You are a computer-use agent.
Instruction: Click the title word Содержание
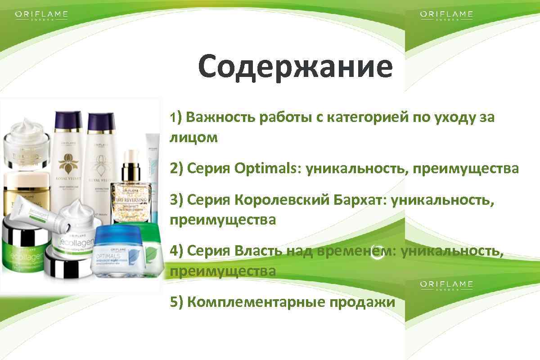pos(295,67)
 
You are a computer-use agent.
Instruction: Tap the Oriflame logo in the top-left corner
pos(41,15)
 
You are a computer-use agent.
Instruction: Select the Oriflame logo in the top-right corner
pos(446,15)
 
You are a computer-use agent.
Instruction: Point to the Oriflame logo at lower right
pos(446,285)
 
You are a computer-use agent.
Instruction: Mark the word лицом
pos(193,137)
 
